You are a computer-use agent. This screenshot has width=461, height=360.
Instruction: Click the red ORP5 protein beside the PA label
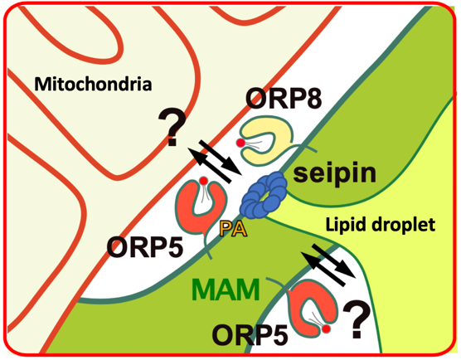(199, 212)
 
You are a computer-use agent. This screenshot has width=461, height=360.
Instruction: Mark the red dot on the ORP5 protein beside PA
(204, 182)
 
